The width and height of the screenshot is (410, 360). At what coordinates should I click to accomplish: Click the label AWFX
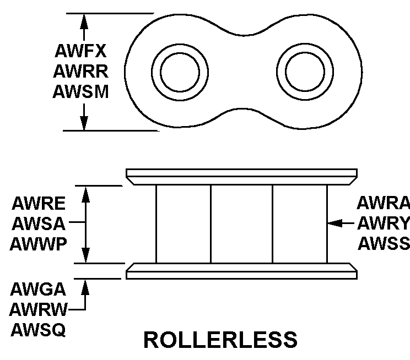80,51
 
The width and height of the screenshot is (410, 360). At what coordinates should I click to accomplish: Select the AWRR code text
80,71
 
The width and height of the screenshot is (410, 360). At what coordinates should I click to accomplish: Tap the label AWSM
80,91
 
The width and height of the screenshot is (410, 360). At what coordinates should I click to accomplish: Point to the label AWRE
39,204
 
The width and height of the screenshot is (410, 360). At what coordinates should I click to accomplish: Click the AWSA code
39,224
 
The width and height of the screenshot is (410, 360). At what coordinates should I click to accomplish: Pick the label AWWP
39,244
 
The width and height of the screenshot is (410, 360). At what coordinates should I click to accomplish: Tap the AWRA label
383,204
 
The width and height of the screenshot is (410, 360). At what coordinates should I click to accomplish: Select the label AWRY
383,223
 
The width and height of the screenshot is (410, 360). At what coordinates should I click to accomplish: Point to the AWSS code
383,243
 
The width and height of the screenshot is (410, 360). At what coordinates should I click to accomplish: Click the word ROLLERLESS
220,340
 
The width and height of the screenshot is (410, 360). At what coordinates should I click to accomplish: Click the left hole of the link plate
180,70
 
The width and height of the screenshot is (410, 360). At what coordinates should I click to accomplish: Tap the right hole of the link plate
306,70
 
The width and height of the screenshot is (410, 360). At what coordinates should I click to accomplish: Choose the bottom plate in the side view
241,271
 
